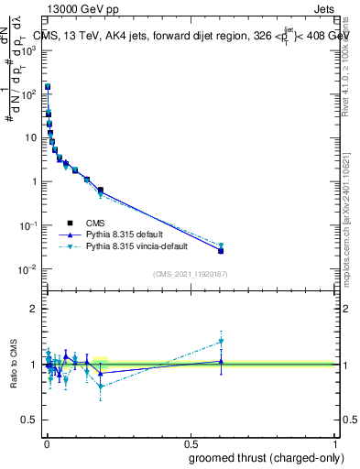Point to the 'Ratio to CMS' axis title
tap(14, 364)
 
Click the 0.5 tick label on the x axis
tap(191, 442)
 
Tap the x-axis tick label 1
tap(335, 442)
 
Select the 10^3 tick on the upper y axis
tap(28, 49)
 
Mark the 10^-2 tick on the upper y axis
tap(28, 269)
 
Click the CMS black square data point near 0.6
tap(221, 250)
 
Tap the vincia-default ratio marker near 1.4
tap(221, 342)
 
